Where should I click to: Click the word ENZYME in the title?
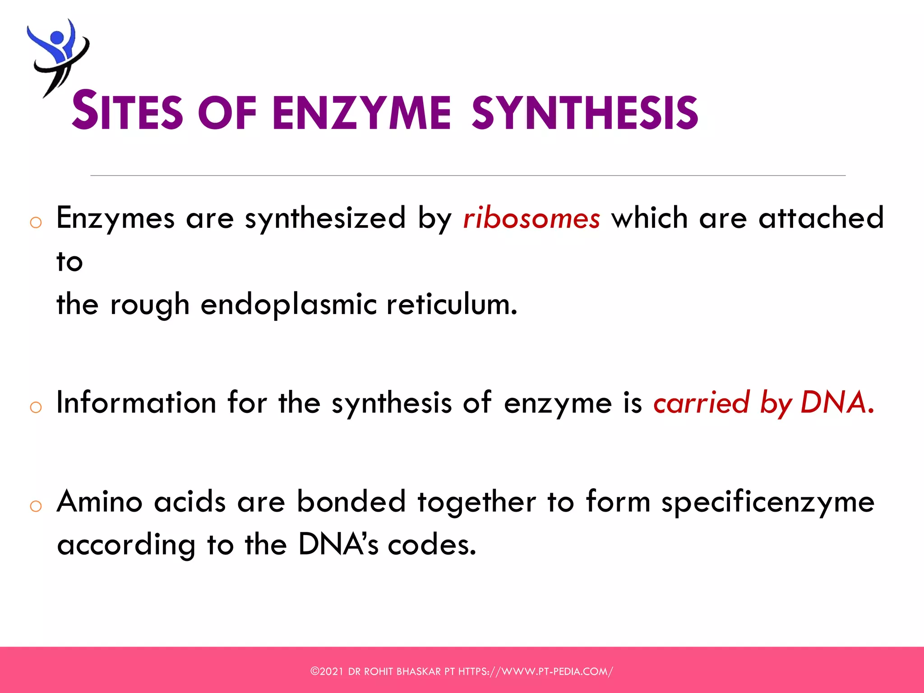[361, 112]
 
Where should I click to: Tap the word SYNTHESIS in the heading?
[585, 112]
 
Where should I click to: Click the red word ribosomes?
[531, 218]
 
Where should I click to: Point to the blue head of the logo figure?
[57, 37]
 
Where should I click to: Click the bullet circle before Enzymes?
[36, 222]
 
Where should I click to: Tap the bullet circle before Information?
[36, 407]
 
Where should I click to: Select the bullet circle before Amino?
[36, 506]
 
